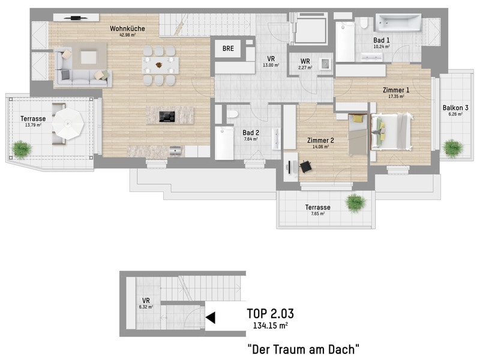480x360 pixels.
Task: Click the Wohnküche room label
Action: tap(127, 28)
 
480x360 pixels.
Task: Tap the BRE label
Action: tap(228, 49)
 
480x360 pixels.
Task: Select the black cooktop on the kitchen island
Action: tap(167, 116)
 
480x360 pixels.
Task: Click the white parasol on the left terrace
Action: tap(68, 124)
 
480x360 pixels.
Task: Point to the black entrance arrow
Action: tap(211, 318)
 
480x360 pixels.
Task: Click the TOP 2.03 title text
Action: tap(271, 313)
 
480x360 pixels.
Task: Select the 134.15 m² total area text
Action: tap(271, 325)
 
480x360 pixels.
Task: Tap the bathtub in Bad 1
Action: tap(398, 22)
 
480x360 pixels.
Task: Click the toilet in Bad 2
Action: tap(232, 114)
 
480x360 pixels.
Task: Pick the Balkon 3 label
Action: tap(455, 108)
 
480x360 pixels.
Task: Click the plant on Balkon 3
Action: tap(452, 148)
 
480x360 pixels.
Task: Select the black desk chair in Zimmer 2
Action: tap(305, 167)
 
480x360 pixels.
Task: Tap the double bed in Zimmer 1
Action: tap(391, 131)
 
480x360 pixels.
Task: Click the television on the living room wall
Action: tap(76, 18)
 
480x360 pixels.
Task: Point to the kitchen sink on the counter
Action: tap(175, 151)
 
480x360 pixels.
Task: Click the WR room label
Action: tap(305, 61)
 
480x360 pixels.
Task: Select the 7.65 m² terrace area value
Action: tap(318, 214)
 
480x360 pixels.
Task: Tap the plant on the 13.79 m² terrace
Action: tap(22, 149)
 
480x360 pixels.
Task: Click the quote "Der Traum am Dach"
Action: tap(304, 349)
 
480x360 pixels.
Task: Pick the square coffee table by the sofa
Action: tap(88, 57)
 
